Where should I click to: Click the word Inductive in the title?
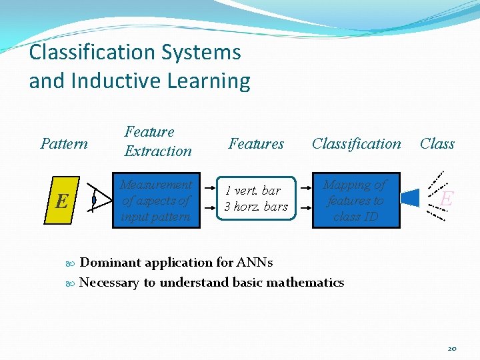[x=110, y=81]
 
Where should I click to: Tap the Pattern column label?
[x=64, y=144]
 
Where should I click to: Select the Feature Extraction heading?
[x=157, y=141]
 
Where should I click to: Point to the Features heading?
[x=256, y=144]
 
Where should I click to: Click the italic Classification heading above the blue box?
[x=357, y=144]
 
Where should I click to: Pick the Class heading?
[x=437, y=144]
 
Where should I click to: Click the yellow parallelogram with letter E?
[x=62, y=200]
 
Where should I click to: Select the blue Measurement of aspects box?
[x=156, y=201]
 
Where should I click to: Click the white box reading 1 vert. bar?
[x=256, y=199]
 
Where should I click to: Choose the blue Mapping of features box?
[x=356, y=201]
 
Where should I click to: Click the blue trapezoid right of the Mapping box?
[x=409, y=198]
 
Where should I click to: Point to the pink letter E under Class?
[x=447, y=199]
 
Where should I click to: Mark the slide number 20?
[x=452, y=349]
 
